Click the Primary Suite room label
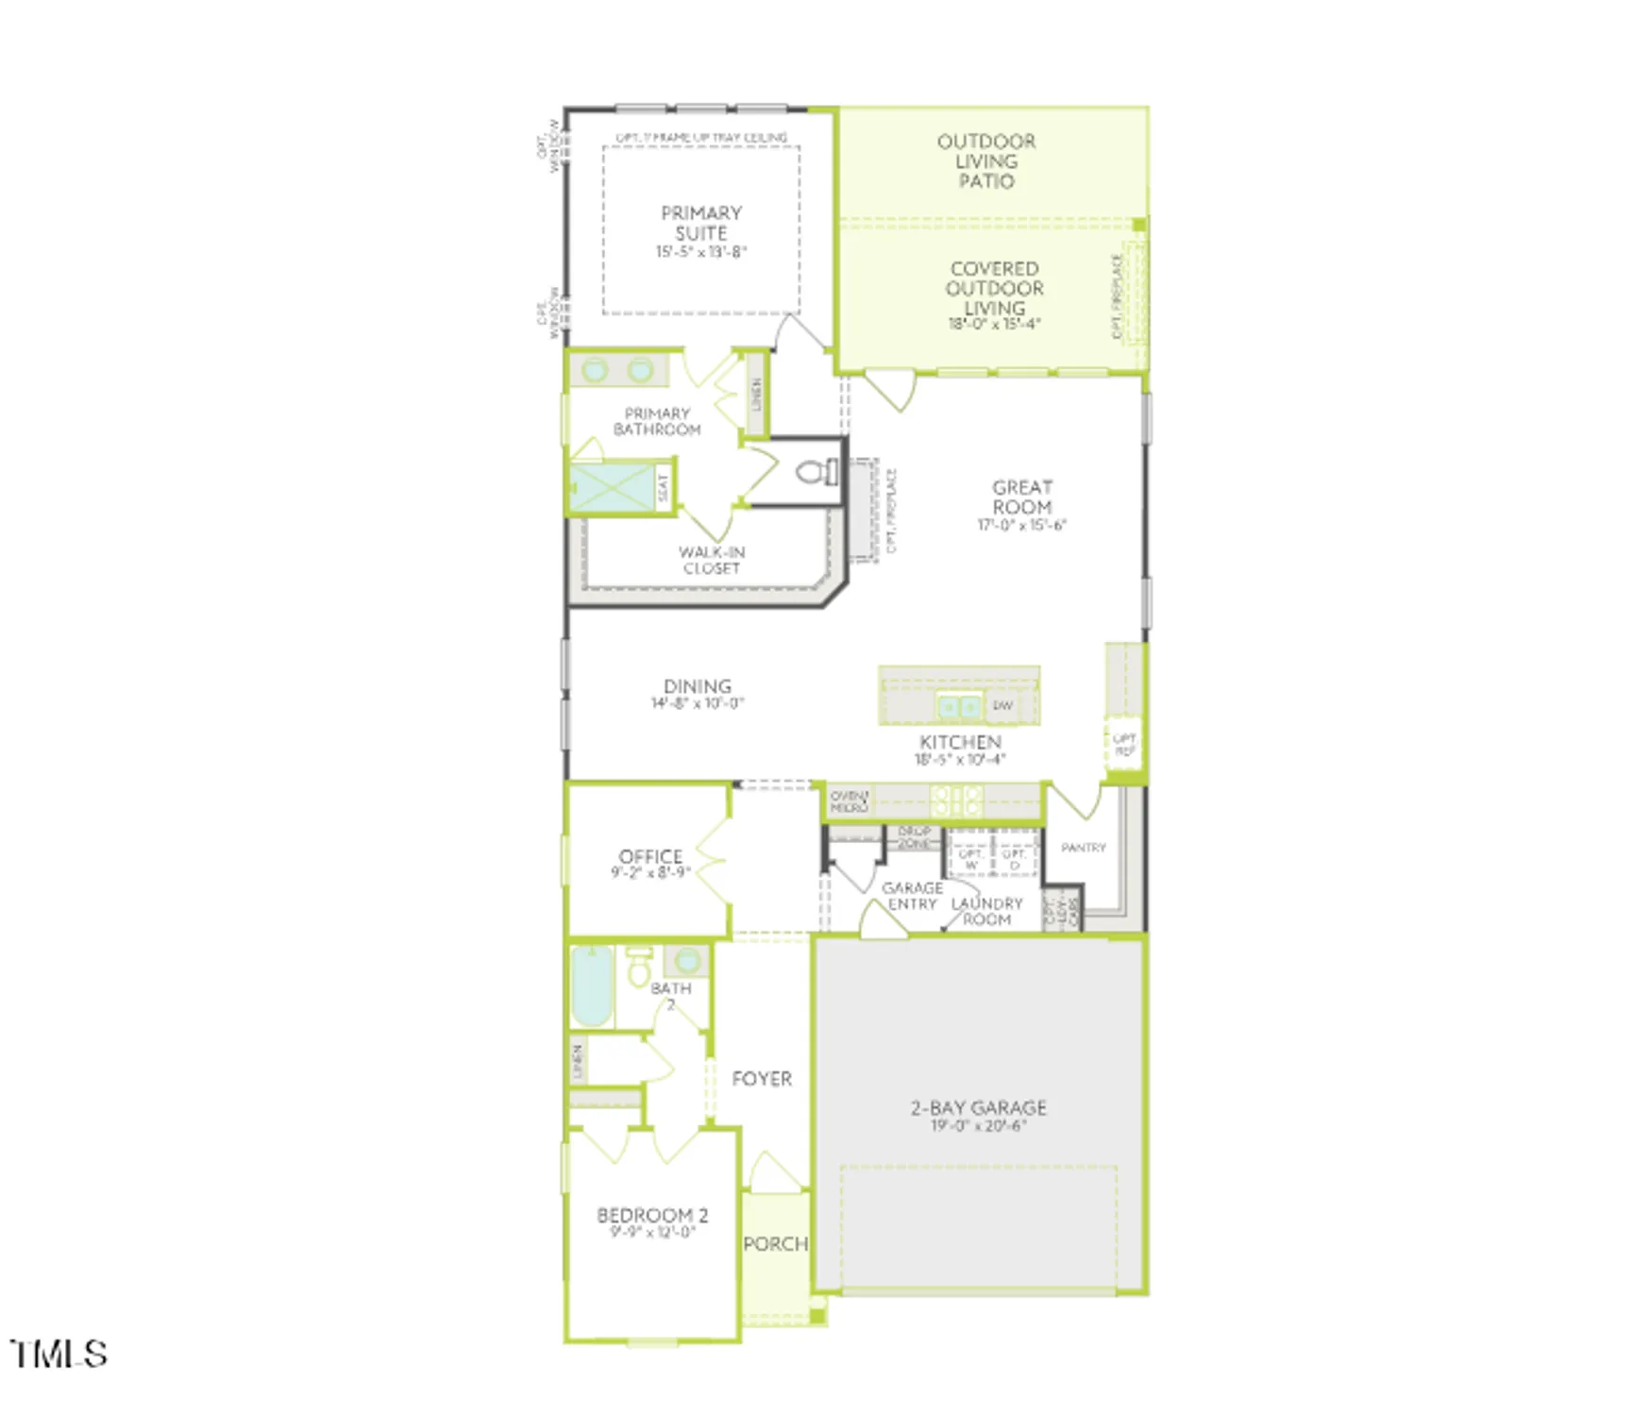point(700,223)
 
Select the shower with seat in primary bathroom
point(614,488)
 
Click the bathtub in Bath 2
point(592,986)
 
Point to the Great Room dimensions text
point(1021,525)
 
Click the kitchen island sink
point(958,706)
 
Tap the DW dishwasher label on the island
point(1002,706)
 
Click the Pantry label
point(1083,848)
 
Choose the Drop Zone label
point(914,837)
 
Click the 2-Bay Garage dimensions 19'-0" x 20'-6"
point(978,1125)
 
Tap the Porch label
point(775,1244)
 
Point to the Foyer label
point(762,1079)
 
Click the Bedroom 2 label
point(652,1216)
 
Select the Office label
point(650,856)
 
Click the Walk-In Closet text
point(712,560)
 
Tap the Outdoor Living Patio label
point(986,160)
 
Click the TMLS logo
point(59,1354)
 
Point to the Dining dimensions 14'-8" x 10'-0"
point(697,703)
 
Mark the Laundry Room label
point(986,911)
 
